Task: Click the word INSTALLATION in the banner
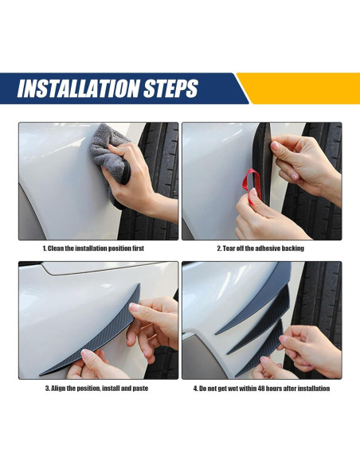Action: [x=78, y=88]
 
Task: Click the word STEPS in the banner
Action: [x=170, y=88]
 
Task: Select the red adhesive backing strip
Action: [x=251, y=186]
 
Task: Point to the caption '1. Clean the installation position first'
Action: [x=93, y=248]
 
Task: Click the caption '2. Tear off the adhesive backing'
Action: [x=260, y=248]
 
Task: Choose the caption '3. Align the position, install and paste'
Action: [x=96, y=389]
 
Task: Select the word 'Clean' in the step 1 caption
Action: [x=56, y=248]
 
